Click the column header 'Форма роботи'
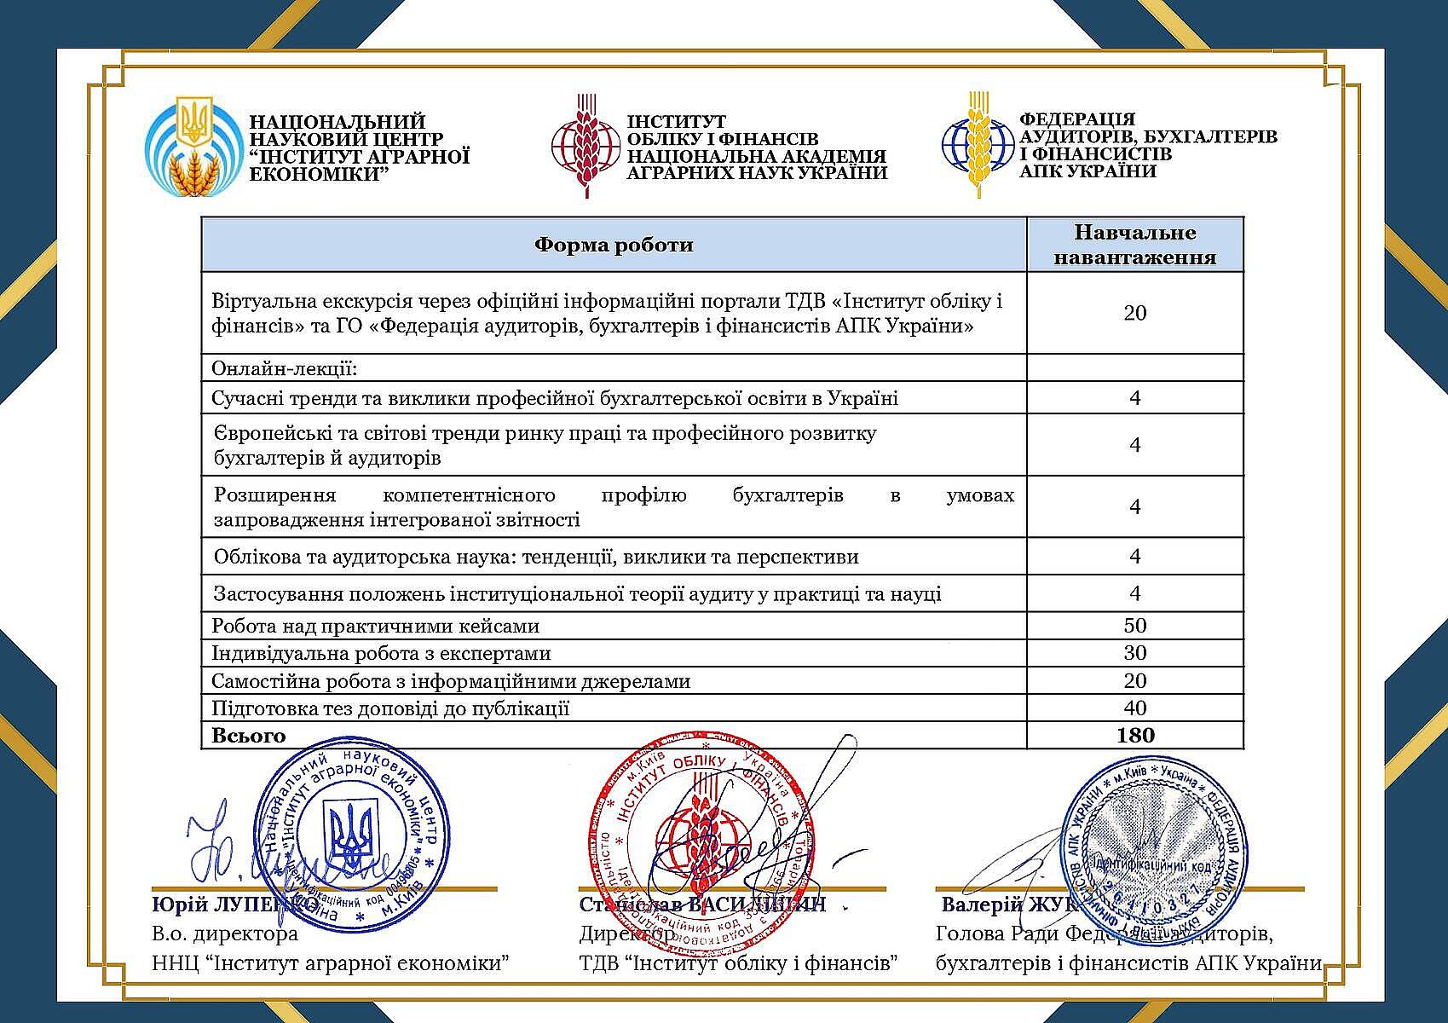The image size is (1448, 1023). pyautogui.click(x=614, y=246)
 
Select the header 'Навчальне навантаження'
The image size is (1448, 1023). pyautogui.click(x=1134, y=245)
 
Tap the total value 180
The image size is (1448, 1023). pyautogui.click(x=1135, y=736)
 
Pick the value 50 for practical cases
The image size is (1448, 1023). pyautogui.click(x=1135, y=626)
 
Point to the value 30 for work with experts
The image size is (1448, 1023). pyautogui.click(x=1135, y=653)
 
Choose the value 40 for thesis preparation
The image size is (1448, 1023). pyautogui.click(x=1135, y=708)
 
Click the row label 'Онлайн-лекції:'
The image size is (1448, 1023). pyautogui.click(x=284, y=369)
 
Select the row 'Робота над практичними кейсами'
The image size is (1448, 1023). pyautogui.click(x=376, y=627)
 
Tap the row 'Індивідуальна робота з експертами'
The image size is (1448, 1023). pyautogui.click(x=381, y=654)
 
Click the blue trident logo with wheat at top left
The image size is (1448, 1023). pyautogui.click(x=192, y=145)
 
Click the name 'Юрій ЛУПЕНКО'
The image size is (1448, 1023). pyautogui.click(x=235, y=905)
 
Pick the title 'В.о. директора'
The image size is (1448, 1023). pyautogui.click(x=225, y=934)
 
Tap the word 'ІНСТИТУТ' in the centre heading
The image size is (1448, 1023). pyautogui.click(x=676, y=123)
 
